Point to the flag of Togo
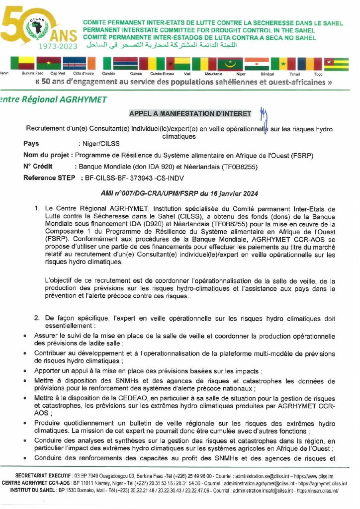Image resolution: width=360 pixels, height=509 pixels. click(x=336, y=64)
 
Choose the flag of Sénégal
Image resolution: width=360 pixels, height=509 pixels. click(x=283, y=64)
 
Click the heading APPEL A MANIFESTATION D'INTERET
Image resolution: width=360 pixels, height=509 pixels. click(x=190, y=114)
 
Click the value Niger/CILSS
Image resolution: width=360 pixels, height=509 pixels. click(x=93, y=144)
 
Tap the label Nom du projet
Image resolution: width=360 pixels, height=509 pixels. click(x=47, y=155)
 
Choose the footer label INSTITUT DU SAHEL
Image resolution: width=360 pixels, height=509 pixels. click(x=35, y=490)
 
